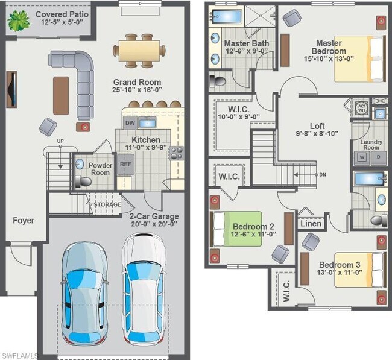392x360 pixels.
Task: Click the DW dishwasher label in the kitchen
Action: pyautogui.click(x=130, y=123)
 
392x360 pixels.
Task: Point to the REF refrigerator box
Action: pyautogui.click(x=125, y=163)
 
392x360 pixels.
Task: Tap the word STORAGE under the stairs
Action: pyautogui.click(x=107, y=205)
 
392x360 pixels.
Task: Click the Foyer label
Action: pyautogui.click(x=24, y=221)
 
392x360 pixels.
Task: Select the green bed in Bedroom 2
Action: pyautogui.click(x=236, y=229)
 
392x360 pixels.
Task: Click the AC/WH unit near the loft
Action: pyautogui.click(x=361, y=109)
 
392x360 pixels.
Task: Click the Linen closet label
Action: pyautogui.click(x=311, y=223)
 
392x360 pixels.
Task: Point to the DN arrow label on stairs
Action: pyautogui.click(x=323, y=175)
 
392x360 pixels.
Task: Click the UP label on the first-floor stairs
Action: pyautogui.click(x=60, y=142)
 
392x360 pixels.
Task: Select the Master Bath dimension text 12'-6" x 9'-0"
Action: pyautogui.click(x=241, y=52)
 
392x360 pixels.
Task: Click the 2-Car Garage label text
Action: pyautogui.click(x=153, y=215)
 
